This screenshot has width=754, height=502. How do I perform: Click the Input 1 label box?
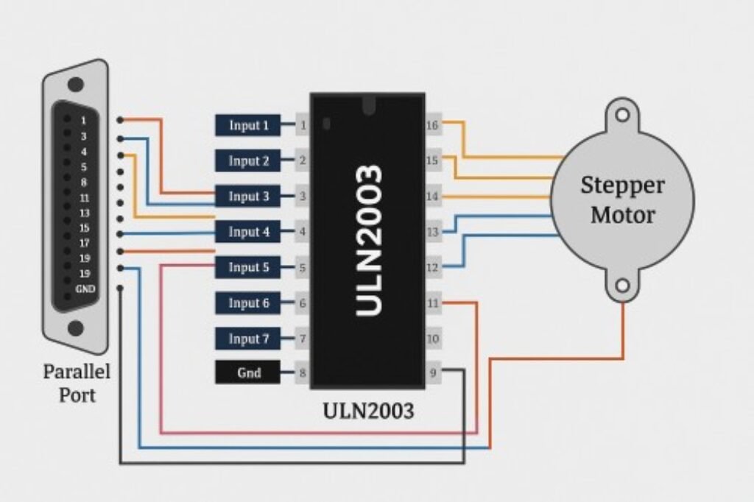pyautogui.click(x=247, y=125)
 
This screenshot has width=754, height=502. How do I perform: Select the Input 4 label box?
pyautogui.click(x=247, y=232)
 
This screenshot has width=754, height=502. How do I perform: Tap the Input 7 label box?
pyautogui.click(x=247, y=339)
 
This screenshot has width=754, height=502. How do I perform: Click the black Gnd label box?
pyautogui.click(x=247, y=373)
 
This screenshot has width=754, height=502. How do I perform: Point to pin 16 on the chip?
pyautogui.click(x=432, y=125)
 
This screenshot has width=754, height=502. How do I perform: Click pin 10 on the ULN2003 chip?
pyautogui.click(x=432, y=339)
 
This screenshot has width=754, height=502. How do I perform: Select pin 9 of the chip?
pyautogui.click(x=432, y=373)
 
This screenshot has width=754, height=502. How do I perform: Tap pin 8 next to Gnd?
pyautogui.click(x=302, y=373)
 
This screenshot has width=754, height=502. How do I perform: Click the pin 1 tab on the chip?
pyautogui.click(x=302, y=125)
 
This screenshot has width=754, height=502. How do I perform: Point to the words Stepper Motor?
pyautogui.click(x=622, y=199)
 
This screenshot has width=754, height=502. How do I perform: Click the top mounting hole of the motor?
pyautogui.click(x=623, y=115)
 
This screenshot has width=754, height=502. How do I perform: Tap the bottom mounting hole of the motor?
pyautogui.click(x=623, y=285)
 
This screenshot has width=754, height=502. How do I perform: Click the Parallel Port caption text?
pyautogui.click(x=77, y=383)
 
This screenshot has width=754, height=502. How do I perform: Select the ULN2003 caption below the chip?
pyautogui.click(x=368, y=411)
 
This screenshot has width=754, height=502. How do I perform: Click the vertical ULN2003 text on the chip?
pyautogui.click(x=368, y=240)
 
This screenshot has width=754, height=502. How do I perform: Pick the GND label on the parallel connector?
pyautogui.click(x=85, y=289)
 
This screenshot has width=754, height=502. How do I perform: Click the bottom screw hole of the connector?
pyautogui.click(x=76, y=328)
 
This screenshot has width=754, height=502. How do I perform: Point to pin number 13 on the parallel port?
pyautogui.click(x=85, y=213)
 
